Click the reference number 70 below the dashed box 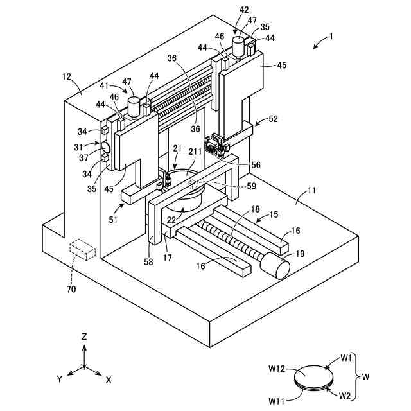71,289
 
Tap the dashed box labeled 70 82,249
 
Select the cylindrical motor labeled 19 275,265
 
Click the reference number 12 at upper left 67,77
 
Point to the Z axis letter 84,337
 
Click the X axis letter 109,380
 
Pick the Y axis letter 60,379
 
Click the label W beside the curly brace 365,377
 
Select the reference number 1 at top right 331,36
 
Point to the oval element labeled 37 105,147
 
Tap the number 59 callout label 251,186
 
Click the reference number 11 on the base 311,190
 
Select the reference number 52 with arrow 273,119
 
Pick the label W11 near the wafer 277,401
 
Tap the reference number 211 195,152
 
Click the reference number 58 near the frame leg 148,261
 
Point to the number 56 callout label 256,165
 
